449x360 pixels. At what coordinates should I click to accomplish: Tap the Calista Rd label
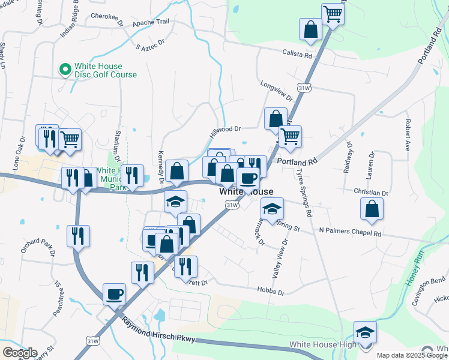coord(297,55)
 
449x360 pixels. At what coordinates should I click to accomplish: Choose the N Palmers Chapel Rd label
coord(350,232)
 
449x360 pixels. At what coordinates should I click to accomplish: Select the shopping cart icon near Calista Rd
coord(332,13)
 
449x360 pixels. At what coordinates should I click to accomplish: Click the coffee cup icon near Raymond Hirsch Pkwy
coord(114,294)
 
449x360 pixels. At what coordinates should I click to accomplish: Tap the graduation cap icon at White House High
coord(365,332)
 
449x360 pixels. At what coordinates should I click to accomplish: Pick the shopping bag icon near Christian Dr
coord(372,208)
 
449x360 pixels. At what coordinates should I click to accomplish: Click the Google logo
coord(19,353)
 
